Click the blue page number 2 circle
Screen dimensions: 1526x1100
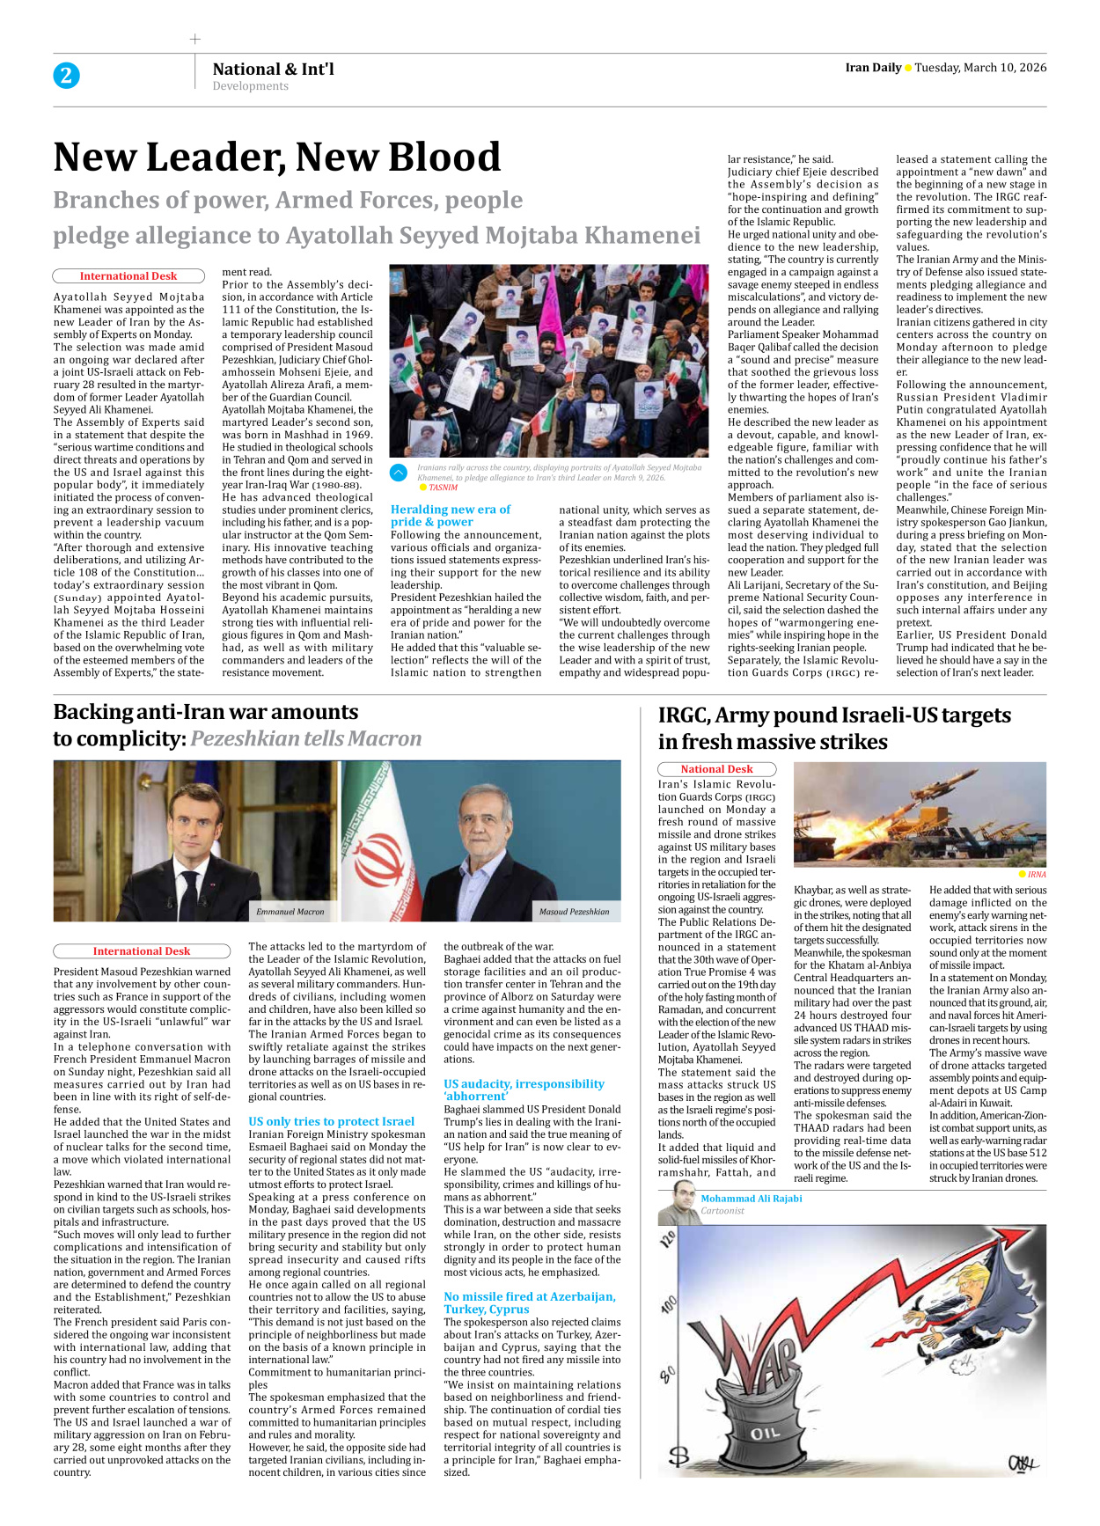(x=66, y=76)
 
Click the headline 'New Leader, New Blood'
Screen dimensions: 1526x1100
(x=276, y=158)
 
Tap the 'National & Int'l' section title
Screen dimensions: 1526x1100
(x=273, y=69)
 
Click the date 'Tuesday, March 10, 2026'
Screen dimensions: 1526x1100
(x=980, y=68)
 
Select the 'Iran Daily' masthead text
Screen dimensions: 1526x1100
(x=873, y=68)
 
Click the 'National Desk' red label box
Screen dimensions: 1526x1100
(x=716, y=769)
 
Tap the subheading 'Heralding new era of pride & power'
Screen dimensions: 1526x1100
(x=450, y=515)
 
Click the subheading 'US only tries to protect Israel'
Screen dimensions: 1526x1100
(x=331, y=1121)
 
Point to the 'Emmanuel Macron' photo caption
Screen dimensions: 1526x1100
(x=290, y=912)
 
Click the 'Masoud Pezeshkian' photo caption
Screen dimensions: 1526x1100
(x=574, y=912)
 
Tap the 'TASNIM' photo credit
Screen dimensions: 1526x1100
(x=443, y=488)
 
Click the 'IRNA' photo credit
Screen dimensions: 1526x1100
(x=1037, y=875)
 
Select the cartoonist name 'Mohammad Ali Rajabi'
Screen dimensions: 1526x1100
(x=751, y=1199)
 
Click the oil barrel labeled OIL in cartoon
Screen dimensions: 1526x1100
(x=764, y=1433)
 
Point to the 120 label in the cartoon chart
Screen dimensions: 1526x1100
(x=668, y=1240)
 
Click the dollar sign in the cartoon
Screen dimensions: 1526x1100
(x=678, y=1456)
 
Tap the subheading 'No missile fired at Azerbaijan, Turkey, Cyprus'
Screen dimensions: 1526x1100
(x=529, y=1302)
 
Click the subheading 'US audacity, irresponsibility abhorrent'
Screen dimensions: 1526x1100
(x=524, y=1089)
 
